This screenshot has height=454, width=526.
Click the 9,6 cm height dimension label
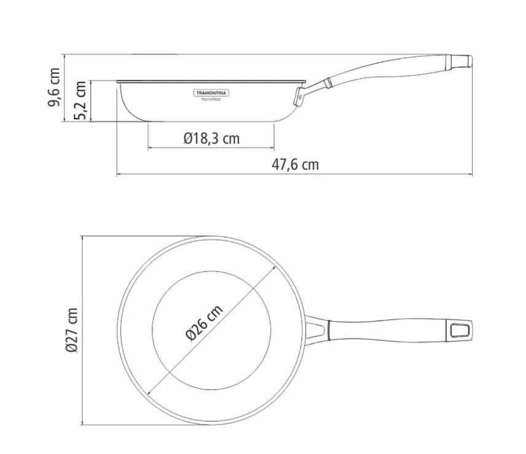pyautogui.click(x=55, y=87)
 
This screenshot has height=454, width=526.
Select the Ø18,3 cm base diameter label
pyautogui.click(x=211, y=138)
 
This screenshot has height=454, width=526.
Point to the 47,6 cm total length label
pyautogui.click(x=295, y=165)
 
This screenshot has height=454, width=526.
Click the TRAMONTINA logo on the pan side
pyautogui.click(x=211, y=93)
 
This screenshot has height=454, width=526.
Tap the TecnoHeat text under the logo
pyautogui.click(x=211, y=99)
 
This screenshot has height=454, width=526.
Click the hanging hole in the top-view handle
pyautogui.click(x=460, y=330)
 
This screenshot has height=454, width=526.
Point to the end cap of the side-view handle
pyautogui.click(x=464, y=61)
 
